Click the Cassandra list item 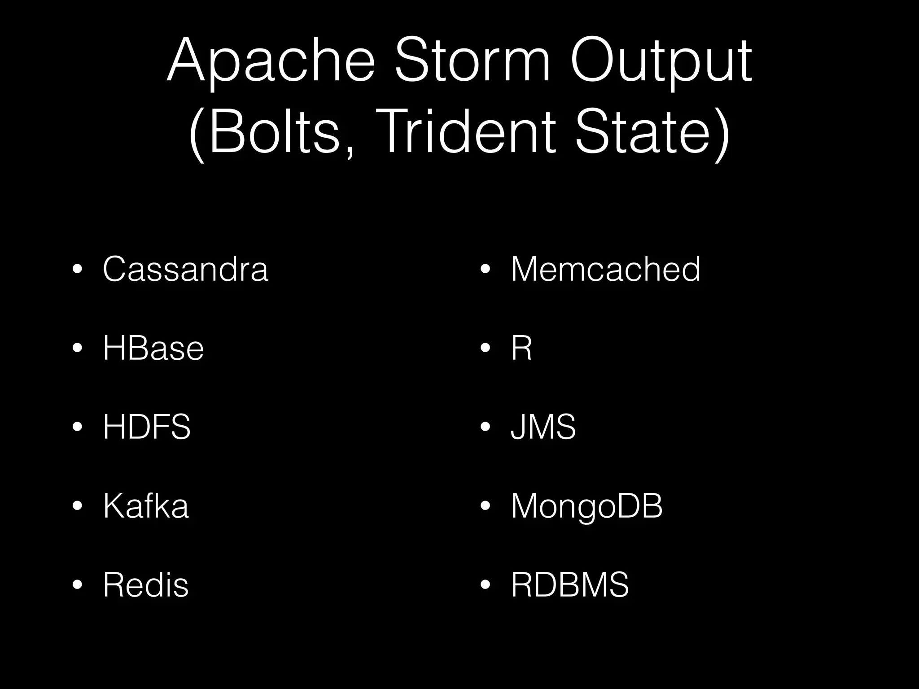[x=185, y=269]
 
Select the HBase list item [x=153, y=348]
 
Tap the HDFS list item [x=147, y=427]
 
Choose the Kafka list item [x=146, y=506]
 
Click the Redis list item [x=146, y=585]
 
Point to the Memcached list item [x=605, y=269]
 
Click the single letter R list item [x=521, y=348]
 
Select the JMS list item [x=543, y=427]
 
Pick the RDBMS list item [x=570, y=585]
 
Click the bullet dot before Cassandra [x=77, y=270]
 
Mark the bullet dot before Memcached [x=485, y=270]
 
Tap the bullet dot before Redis [x=77, y=585]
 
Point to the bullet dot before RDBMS [x=485, y=585]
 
